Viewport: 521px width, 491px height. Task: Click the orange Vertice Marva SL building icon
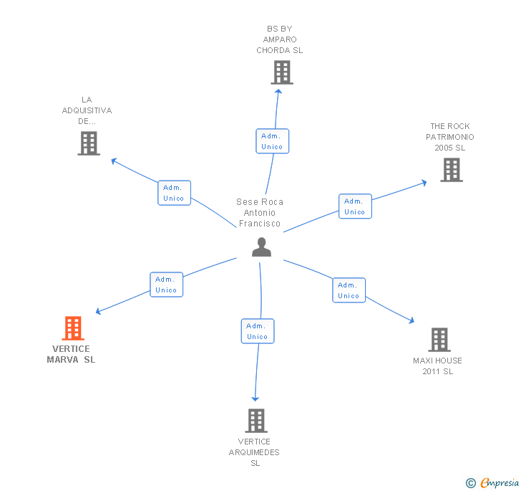73,328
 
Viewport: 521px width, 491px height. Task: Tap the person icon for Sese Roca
262,247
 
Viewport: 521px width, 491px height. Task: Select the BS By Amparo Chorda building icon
282,72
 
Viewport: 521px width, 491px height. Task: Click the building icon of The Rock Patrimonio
452,170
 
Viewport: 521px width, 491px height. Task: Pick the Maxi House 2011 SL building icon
439,340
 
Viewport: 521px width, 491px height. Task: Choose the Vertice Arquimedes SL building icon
256,421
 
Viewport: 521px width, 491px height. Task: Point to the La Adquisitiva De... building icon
88,143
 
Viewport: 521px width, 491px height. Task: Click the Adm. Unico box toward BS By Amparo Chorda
272,141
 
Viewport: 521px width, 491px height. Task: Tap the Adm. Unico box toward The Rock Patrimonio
355,206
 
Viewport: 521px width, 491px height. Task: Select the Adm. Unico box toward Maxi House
349,290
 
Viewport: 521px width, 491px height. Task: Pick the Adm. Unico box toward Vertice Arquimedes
257,331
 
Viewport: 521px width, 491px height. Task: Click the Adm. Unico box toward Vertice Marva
166,285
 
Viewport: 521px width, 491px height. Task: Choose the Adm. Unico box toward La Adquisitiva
174,193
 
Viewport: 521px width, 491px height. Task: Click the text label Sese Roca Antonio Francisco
260,213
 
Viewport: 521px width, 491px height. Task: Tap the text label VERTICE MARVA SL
71,354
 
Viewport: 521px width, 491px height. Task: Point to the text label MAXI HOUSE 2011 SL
437,366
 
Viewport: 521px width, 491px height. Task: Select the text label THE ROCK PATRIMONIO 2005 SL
450,137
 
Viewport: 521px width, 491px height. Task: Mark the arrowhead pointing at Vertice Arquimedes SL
255,398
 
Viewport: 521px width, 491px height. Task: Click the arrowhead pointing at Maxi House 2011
412,322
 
